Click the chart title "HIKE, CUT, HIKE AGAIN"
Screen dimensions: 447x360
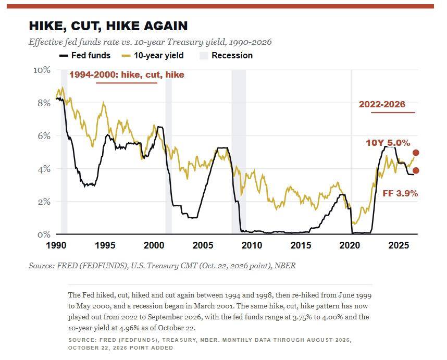pyautogui.click(x=108, y=26)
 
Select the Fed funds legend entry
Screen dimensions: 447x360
pyautogui.click(x=85, y=55)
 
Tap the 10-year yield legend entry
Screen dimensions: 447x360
pyautogui.click(x=153, y=55)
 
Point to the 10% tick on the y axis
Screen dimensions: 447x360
pyautogui.click(x=42, y=70)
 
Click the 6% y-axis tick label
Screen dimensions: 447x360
pyautogui.click(x=44, y=135)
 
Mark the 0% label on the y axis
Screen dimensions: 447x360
pyautogui.click(x=44, y=234)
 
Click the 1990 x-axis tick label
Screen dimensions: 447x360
pyautogui.click(x=56, y=245)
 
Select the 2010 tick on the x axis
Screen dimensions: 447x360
pyautogui.click(x=252, y=245)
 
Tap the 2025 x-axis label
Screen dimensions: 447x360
pyautogui.click(x=399, y=245)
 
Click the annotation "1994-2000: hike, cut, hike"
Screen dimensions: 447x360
pyautogui.click(x=127, y=75)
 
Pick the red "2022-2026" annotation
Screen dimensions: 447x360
pyautogui.click(x=382, y=104)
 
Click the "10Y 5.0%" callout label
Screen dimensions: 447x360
pyautogui.click(x=388, y=143)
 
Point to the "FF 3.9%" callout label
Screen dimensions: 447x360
pyautogui.click(x=400, y=193)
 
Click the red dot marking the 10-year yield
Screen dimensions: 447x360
pyautogui.click(x=416, y=153)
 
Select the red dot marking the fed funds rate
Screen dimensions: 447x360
pyautogui.click(x=416, y=170)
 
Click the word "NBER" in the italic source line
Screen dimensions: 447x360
pyautogui.click(x=285, y=266)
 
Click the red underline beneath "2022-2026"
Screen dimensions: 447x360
pyautogui.click(x=393, y=113)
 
